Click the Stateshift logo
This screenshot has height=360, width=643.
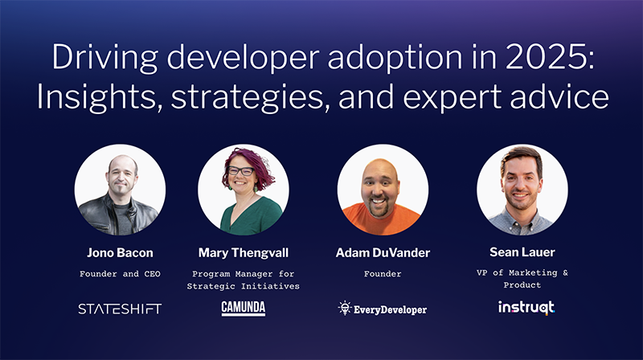pyautogui.click(x=120, y=309)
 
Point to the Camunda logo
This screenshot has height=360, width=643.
pyautogui.click(x=243, y=309)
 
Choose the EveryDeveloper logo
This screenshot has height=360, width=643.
pyautogui.click(x=383, y=309)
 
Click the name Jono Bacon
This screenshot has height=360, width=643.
pyautogui.click(x=120, y=253)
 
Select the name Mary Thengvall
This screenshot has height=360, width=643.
pyautogui.click(x=243, y=253)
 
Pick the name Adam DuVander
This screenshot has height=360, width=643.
pyautogui.click(x=383, y=253)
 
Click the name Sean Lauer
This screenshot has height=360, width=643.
pyautogui.click(x=522, y=253)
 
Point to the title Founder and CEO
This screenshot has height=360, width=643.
pyautogui.click(x=120, y=274)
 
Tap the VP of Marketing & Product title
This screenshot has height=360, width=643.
pyautogui.click(x=522, y=279)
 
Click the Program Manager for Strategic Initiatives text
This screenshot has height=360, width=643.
pyautogui.click(x=243, y=279)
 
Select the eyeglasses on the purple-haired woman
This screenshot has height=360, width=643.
pyautogui.click(x=240, y=171)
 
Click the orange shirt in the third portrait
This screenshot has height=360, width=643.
pyautogui.click(x=383, y=221)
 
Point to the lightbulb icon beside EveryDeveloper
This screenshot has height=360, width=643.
pyautogui.click(x=344, y=308)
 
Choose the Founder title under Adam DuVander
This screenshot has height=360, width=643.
pyautogui.click(x=383, y=274)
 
